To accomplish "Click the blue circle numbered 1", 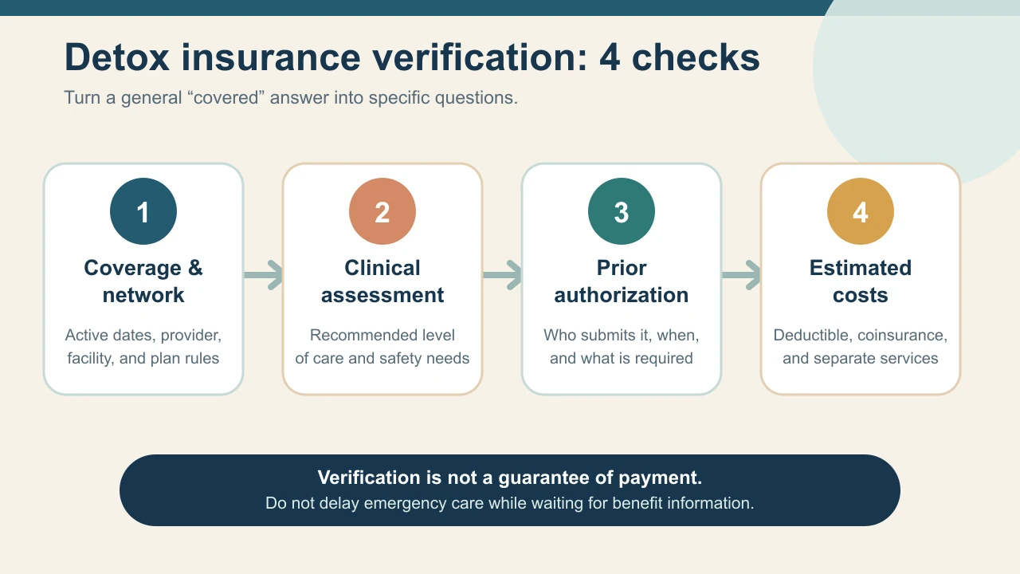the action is point(143,211).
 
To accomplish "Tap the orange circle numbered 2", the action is point(382,211).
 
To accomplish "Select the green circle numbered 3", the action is point(622,211).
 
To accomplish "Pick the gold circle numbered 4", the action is point(861,211).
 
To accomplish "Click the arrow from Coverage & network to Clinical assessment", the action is point(263,275).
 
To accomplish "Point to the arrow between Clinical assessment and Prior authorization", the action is point(502,275).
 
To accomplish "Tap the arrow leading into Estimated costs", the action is point(741,275).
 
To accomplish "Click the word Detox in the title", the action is point(117,57).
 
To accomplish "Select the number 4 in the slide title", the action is point(610,57).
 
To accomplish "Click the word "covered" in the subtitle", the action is point(226,97).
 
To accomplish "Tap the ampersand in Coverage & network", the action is point(195,268).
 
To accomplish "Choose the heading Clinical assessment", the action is point(382,281).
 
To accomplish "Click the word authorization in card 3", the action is point(622,295).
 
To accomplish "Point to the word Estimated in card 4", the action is point(861,268).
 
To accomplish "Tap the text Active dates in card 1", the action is point(111,336).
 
